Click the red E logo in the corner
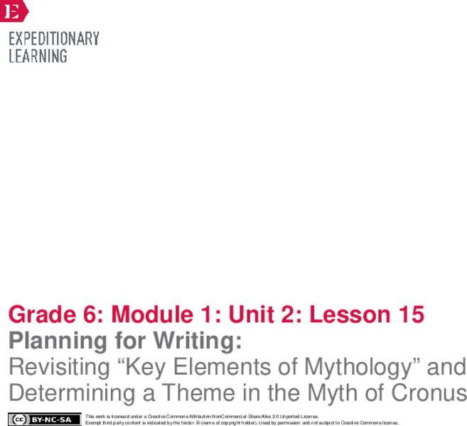coord(13,10)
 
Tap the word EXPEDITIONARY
coord(54,39)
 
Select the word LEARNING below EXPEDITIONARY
coord(38,55)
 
